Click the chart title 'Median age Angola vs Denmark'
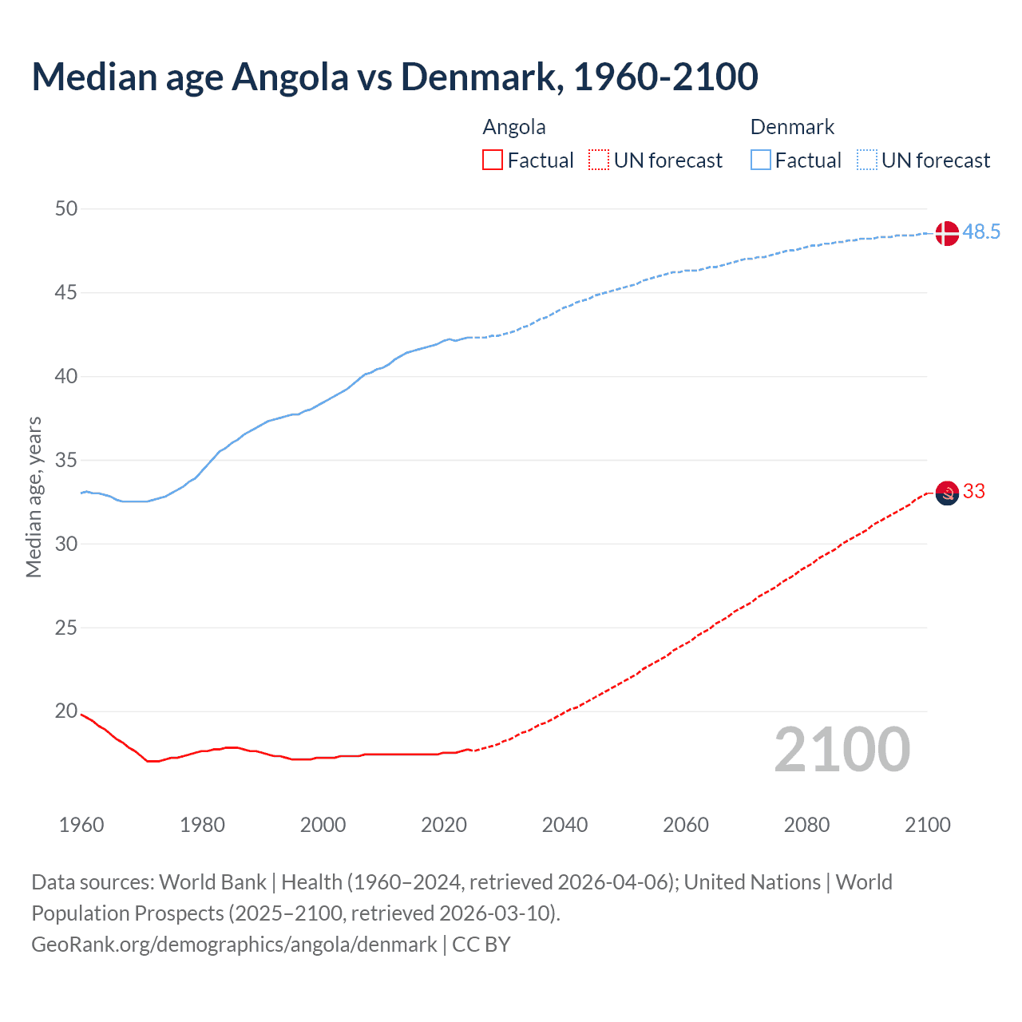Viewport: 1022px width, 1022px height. [x=394, y=77]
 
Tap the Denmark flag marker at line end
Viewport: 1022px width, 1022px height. [x=946, y=233]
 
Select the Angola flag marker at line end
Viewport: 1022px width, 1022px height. [x=946, y=493]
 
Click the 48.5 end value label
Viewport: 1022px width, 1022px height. [x=981, y=232]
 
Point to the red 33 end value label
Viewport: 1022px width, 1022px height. [x=974, y=492]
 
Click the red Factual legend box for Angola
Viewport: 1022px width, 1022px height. [x=493, y=160]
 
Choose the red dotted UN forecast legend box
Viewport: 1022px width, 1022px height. [x=599, y=160]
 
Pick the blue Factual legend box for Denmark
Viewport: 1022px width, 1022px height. [x=761, y=160]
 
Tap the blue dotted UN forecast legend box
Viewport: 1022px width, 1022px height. [x=867, y=160]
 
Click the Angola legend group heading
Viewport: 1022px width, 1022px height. [x=514, y=128]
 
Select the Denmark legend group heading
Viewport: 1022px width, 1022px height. [x=792, y=128]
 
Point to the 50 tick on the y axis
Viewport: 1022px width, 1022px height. [x=66, y=209]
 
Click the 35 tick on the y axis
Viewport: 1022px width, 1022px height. [x=66, y=461]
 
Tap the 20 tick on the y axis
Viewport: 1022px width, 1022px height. [x=66, y=711]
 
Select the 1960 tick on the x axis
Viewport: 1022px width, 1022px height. [x=81, y=825]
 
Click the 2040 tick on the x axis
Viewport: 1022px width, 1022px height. [x=564, y=825]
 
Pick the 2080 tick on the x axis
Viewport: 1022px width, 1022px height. [x=806, y=825]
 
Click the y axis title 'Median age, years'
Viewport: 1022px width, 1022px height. [x=34, y=497]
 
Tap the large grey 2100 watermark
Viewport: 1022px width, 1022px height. [x=842, y=750]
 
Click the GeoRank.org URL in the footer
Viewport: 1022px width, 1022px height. [x=234, y=945]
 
